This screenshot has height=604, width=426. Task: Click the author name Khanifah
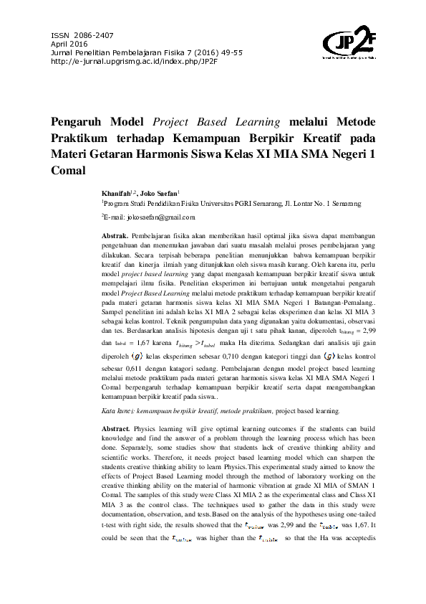pyautogui.click(x=117, y=194)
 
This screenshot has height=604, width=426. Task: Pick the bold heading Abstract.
pyautogui.click(x=117, y=428)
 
